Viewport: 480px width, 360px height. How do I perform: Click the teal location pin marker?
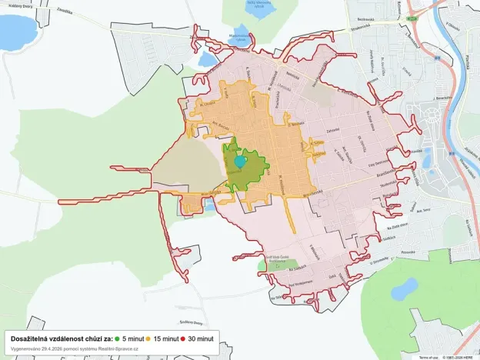(x=241, y=161)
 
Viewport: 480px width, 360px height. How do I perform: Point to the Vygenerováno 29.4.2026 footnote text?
(x=75, y=348)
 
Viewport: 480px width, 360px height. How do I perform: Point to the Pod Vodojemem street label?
(x=301, y=282)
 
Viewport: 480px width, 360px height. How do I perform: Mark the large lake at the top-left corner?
(x=15, y=31)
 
